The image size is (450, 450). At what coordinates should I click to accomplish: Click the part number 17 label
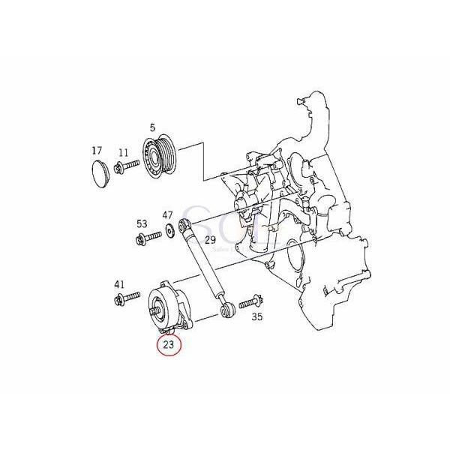[x=97, y=151]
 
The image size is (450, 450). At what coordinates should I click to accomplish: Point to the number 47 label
[x=167, y=214]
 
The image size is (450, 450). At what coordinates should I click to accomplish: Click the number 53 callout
[x=142, y=224]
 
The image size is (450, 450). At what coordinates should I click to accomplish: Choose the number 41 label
[x=119, y=285]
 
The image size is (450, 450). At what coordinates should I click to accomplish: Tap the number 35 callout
[x=257, y=317]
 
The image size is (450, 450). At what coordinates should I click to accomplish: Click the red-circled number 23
[x=167, y=346]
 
